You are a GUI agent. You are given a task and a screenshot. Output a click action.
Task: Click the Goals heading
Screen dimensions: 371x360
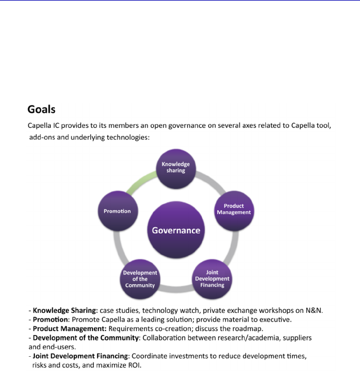pos(41,109)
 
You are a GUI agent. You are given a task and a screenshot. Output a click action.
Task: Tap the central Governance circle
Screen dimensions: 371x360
pos(176,231)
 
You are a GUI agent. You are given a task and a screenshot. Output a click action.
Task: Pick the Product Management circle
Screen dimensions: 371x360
pos(234,209)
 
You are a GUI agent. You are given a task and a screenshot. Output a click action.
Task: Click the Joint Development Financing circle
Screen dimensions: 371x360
pos(212,279)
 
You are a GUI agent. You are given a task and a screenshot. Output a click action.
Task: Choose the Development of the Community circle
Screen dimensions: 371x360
pos(140,279)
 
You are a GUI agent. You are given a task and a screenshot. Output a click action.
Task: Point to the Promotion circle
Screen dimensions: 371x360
pos(117,211)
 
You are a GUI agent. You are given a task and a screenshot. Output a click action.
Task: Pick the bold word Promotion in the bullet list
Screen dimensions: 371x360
pos(50,320)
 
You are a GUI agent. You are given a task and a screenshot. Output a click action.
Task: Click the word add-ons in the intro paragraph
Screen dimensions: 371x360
pos(44,138)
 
